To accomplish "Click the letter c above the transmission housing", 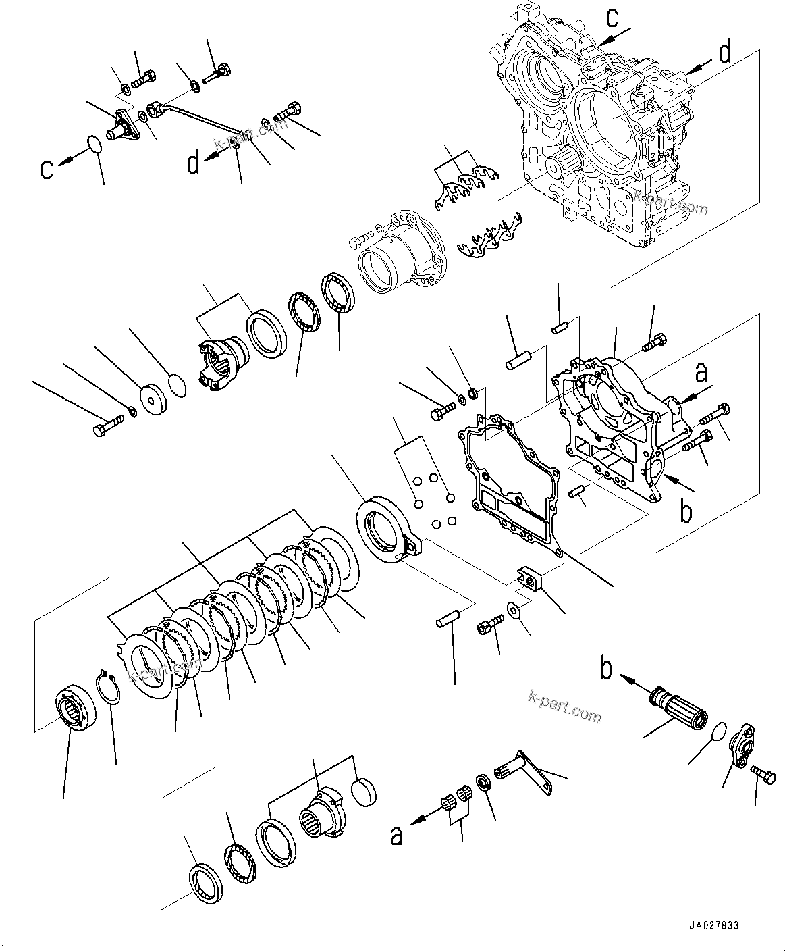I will tap(611, 18).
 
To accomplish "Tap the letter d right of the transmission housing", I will tap(724, 52).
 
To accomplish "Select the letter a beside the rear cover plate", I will tap(702, 372).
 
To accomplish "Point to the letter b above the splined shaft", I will tap(607, 669).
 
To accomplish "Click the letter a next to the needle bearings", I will tap(397, 835).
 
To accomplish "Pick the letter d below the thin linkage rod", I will tap(194, 163).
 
